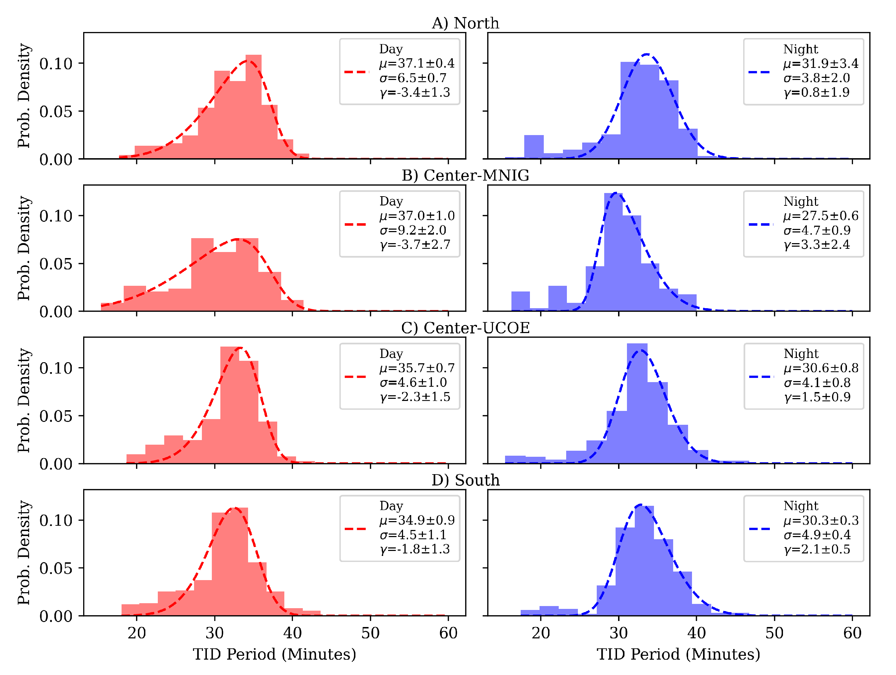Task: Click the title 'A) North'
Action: click(x=466, y=23)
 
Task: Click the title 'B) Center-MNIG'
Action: click(x=466, y=176)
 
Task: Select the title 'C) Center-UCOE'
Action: click(x=466, y=328)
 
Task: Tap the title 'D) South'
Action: click(x=466, y=480)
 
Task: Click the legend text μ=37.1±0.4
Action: click(x=417, y=63)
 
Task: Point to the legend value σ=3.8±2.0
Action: click(x=817, y=78)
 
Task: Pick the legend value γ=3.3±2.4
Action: click(x=817, y=245)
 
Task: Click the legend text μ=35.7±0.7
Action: click(x=417, y=368)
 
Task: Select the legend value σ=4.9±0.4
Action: click(x=817, y=535)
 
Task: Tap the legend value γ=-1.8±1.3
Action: click(x=415, y=549)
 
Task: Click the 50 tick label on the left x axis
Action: click(x=370, y=633)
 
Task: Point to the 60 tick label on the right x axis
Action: click(x=852, y=633)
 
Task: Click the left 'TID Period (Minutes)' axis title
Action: click(x=274, y=654)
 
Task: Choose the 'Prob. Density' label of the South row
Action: click(x=24, y=553)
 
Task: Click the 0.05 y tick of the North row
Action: click(x=55, y=111)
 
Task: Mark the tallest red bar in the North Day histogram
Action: click(x=253, y=107)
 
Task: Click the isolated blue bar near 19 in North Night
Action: click(x=534, y=147)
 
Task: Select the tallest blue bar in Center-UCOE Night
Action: click(x=637, y=403)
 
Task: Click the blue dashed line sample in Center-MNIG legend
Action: click(x=761, y=224)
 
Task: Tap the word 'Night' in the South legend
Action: click(x=801, y=506)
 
